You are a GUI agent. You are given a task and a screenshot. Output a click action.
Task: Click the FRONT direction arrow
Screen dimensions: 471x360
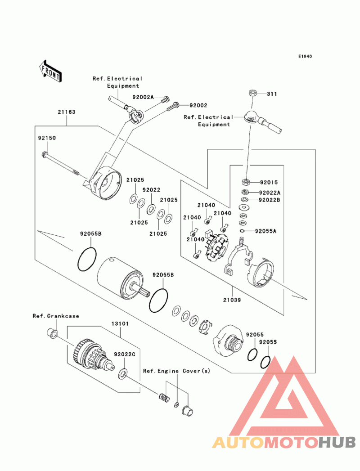pos(50,70)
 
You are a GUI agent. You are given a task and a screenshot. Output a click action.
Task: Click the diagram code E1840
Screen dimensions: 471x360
pos(305,57)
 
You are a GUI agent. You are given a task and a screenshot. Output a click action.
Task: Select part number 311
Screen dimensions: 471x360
pos(271,94)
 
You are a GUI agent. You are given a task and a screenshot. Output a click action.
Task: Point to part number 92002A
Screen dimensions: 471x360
pos(143,97)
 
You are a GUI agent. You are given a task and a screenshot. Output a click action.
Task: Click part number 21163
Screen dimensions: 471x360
pos(66,112)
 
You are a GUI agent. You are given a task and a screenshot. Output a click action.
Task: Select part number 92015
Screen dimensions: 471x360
pos(269,183)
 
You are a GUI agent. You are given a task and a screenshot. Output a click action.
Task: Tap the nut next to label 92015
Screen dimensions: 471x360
pos(247,182)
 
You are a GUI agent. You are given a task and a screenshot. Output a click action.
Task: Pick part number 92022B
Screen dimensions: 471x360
pos(269,200)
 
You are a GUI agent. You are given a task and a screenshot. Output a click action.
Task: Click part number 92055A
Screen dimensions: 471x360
pos(265,231)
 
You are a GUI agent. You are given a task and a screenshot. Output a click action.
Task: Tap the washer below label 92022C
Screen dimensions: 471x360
pos(122,373)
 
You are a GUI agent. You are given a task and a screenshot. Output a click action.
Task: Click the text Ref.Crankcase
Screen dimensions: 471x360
pos(56,316)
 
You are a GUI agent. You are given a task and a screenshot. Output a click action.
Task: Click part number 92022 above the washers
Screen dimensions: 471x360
pos(152,190)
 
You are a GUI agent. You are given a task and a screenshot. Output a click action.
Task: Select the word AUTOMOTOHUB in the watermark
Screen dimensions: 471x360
pos(284,442)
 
